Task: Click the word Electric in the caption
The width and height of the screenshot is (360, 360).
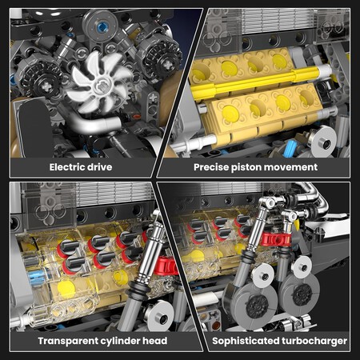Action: (x=65, y=167)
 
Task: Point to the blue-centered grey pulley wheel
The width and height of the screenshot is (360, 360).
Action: (x=100, y=26)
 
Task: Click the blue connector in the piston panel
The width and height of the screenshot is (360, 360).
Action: (x=290, y=148)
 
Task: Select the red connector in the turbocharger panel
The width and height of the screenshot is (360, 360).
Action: (x=275, y=239)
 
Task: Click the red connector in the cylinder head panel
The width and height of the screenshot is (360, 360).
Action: (x=166, y=266)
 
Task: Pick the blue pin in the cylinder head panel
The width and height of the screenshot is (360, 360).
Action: (x=36, y=277)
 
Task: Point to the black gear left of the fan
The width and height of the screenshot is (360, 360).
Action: (x=42, y=81)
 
